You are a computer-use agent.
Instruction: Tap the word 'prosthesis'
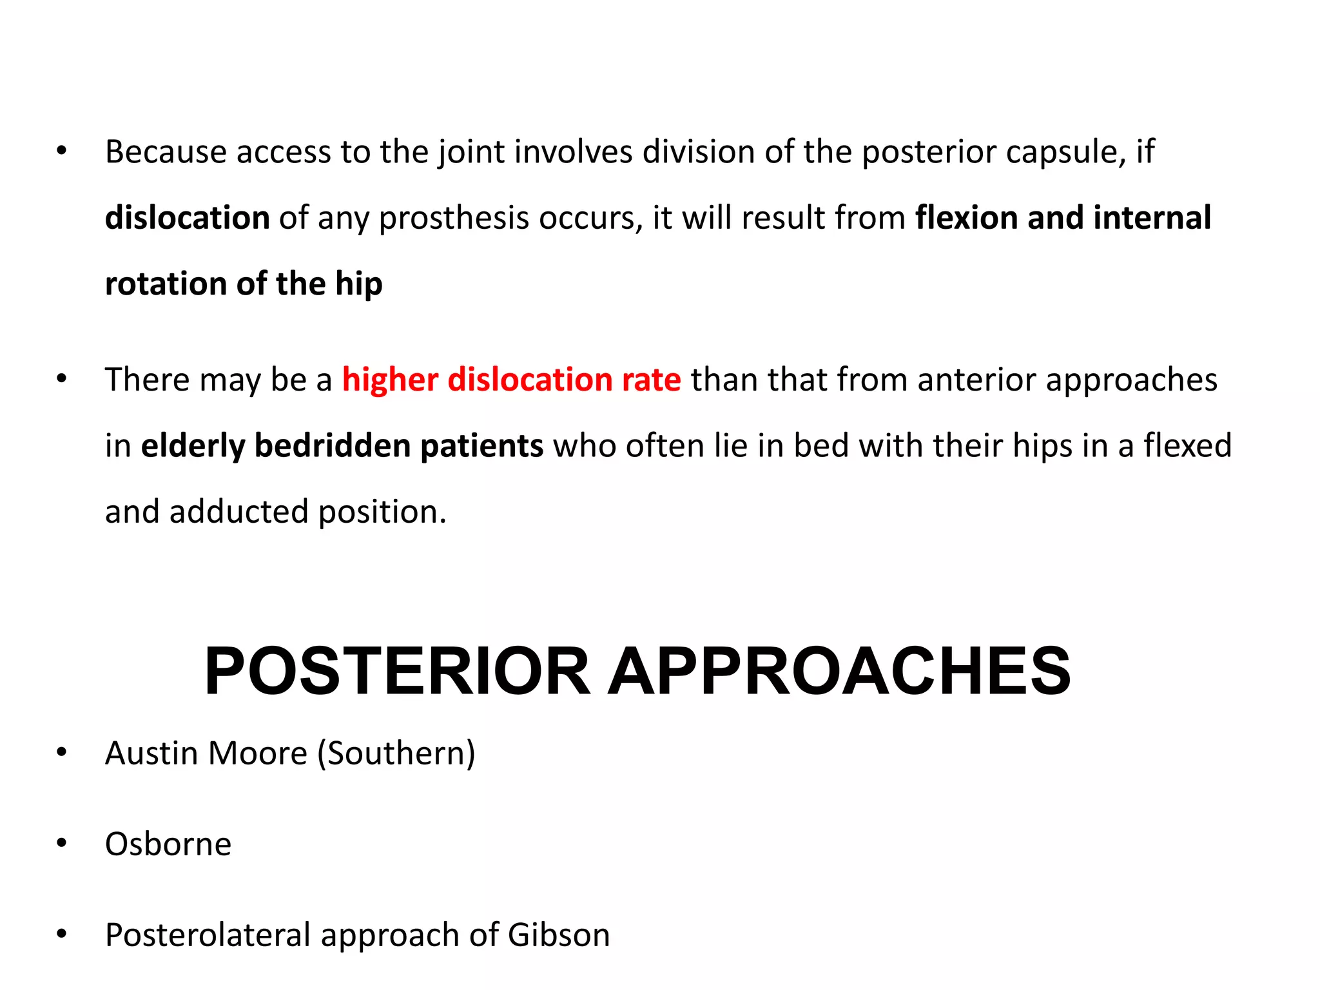454,218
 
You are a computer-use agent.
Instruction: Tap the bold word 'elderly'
193,446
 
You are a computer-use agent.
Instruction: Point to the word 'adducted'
238,512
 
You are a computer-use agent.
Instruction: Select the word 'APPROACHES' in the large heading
839,672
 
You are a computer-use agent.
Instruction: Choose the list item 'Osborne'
168,844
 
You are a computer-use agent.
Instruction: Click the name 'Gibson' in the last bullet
558,935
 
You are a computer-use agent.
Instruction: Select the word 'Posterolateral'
208,935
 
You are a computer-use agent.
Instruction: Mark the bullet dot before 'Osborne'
62,843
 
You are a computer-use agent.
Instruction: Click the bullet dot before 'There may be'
62,378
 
